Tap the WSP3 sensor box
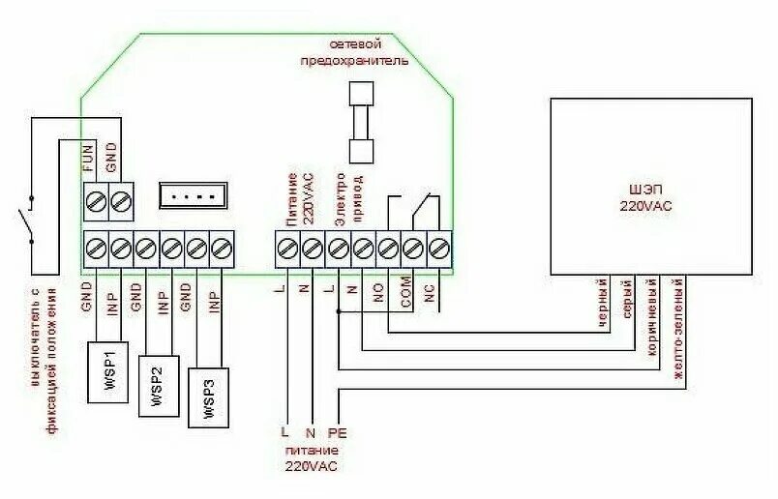[208, 396]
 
